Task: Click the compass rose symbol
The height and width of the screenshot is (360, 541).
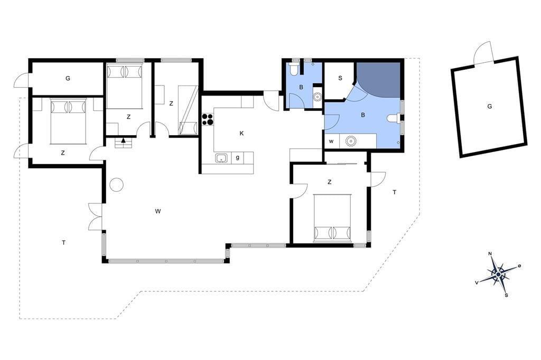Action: (498, 274)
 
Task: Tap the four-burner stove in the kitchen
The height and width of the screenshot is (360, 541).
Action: (207, 119)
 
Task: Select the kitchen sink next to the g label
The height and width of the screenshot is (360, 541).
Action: (221, 158)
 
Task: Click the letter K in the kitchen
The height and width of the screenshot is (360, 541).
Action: (241, 134)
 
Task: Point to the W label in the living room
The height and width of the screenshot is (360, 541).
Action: (157, 211)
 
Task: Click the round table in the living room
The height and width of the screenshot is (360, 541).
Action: (117, 184)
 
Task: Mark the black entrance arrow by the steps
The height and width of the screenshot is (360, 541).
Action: (123, 141)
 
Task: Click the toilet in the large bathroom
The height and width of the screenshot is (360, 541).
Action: (393, 118)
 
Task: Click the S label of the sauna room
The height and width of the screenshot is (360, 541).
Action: (340, 78)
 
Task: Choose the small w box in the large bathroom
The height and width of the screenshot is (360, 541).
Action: (332, 141)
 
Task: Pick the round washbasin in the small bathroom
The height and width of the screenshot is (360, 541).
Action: (317, 97)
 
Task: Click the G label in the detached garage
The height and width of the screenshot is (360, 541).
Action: (489, 107)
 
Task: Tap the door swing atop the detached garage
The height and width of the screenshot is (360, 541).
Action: (483, 52)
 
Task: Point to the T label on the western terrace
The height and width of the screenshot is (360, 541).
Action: (63, 243)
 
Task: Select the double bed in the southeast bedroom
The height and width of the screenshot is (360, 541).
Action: (332, 219)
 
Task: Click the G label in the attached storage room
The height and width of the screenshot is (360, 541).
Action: (68, 78)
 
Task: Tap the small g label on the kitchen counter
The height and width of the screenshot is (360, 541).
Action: (237, 158)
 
